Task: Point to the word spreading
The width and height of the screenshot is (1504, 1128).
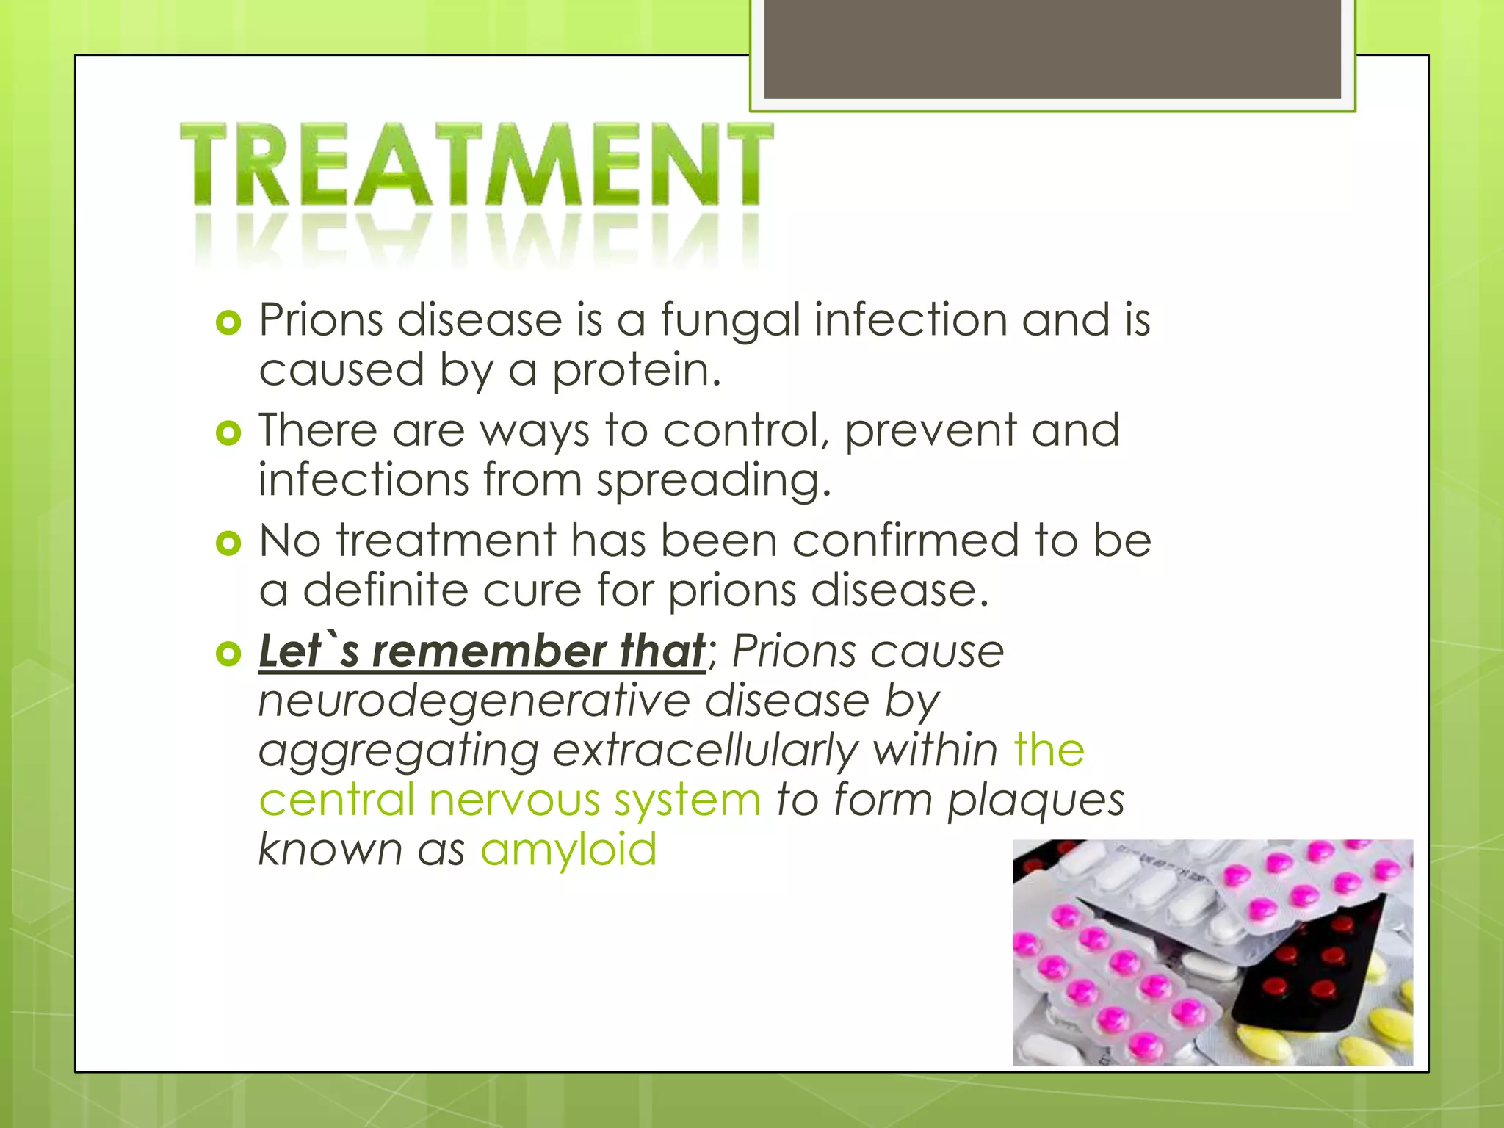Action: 713,481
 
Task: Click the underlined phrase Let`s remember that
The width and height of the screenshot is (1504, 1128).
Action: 482,651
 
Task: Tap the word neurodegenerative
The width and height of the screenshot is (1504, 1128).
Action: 474,701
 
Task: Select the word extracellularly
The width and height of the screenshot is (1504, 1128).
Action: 705,751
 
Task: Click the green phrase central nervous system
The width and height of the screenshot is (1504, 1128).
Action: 510,800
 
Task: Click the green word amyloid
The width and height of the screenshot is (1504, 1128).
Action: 568,850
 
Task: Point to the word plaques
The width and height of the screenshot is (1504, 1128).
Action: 1035,800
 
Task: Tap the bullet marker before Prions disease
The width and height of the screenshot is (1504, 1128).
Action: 228,322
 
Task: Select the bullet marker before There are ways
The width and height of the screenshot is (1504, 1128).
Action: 228,433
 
